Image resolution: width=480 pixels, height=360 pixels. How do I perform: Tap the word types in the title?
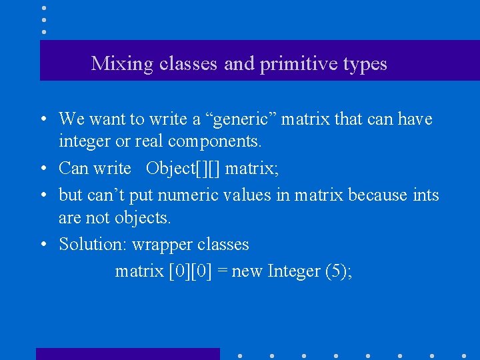[365, 64]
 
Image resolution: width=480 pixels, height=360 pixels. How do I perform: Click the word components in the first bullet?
[215, 141]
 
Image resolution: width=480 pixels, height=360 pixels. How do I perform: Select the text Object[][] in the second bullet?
[183, 168]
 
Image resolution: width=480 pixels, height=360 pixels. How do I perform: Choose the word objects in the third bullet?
[142, 217]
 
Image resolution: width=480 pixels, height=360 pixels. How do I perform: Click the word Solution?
[92, 244]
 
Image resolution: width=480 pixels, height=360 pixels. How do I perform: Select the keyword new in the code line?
[247, 271]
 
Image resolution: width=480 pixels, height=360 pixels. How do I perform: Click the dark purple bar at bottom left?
[127, 353]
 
